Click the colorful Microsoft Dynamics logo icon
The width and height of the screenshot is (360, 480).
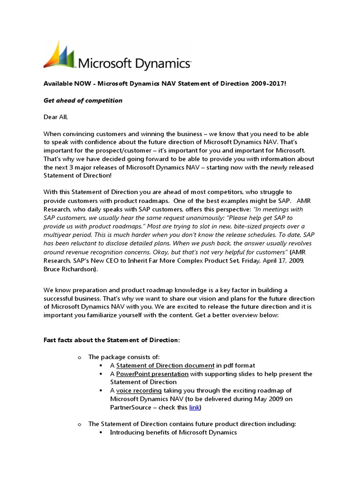point(59,55)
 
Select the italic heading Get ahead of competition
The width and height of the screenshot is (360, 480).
point(83,100)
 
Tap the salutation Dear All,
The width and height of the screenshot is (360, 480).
point(59,117)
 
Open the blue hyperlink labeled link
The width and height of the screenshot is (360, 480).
point(194,408)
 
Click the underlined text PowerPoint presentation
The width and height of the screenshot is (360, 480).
point(152,374)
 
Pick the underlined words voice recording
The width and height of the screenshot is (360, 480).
point(139,390)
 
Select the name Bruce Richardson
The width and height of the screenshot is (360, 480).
point(71,270)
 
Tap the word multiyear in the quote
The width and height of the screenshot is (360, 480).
point(58,227)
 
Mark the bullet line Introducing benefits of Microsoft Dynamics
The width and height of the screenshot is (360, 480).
point(173,432)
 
